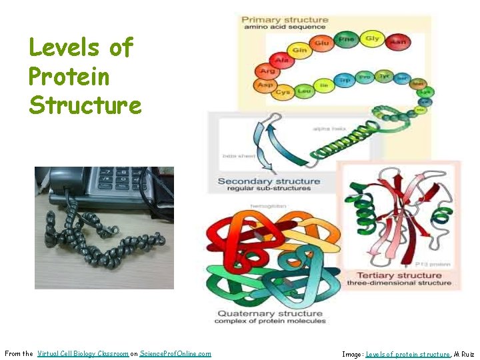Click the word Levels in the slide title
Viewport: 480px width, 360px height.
pos(64,48)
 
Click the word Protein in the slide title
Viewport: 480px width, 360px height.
pos(69,77)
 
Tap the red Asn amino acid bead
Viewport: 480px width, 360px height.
pos(399,42)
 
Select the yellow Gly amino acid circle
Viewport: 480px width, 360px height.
pos(372,39)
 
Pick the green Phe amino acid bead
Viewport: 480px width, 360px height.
pos(347,39)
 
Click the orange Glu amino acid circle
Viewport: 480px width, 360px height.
pos(321,43)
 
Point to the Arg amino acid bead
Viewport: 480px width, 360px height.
pos(267,71)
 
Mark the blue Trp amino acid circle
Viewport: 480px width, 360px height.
pos(344,80)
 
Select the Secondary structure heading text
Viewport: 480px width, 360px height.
pos(269,181)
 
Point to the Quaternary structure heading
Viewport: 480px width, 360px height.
pos(269,313)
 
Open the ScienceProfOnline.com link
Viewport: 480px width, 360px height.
pos(175,353)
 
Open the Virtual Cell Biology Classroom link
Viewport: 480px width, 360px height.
pos(83,353)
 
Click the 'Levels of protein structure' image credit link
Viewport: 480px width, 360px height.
pos(407,354)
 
